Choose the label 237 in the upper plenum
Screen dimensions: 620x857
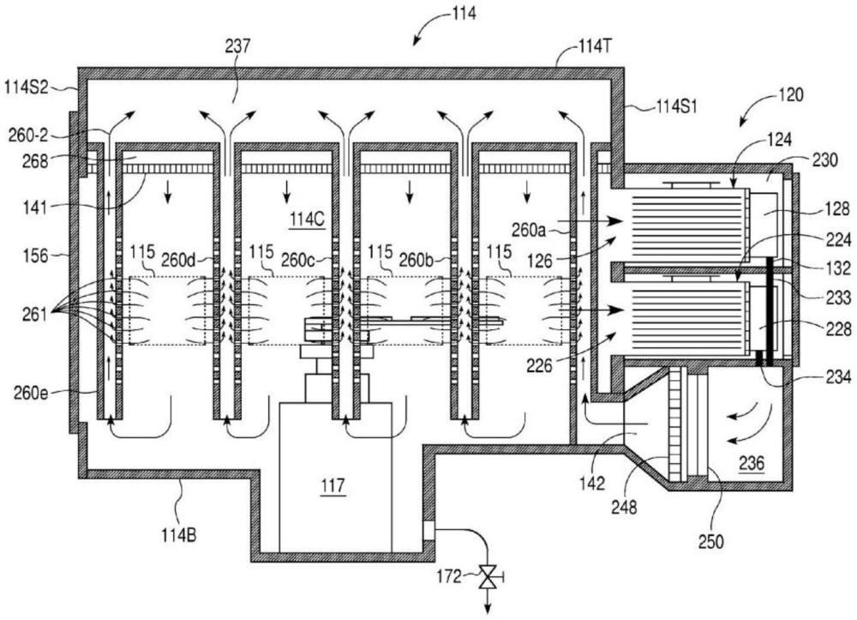coord(237,48)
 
